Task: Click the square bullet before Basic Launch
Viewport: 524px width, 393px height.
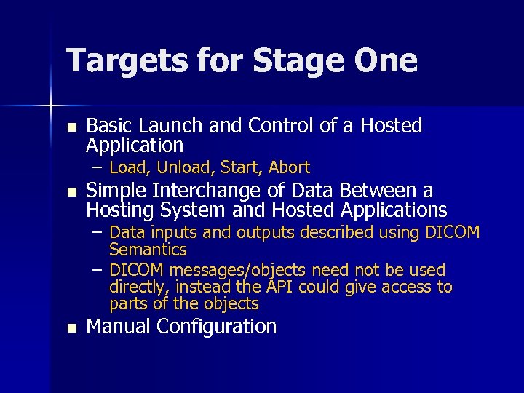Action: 70,127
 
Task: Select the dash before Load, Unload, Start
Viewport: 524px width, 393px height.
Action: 97,167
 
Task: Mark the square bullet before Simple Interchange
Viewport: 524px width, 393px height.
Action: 70,193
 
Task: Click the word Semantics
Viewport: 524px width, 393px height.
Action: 148,250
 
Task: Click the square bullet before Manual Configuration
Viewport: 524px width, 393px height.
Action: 70,328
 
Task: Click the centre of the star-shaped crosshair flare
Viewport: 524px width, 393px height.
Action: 50,106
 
